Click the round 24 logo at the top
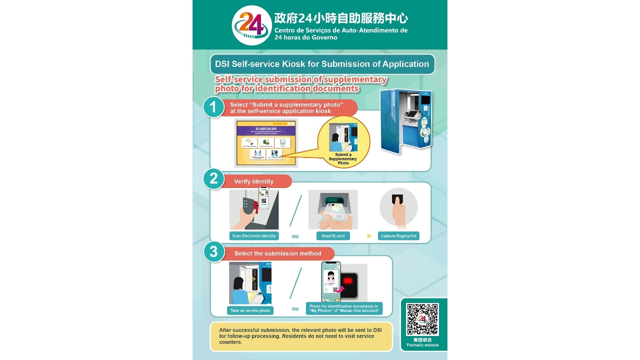click(251, 25)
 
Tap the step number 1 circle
click(213, 107)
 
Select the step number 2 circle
click(213, 178)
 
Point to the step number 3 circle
click(213, 251)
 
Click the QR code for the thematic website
click(422, 319)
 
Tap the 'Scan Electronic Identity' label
click(254, 236)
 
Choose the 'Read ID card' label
click(332, 236)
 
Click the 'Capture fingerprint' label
click(398, 236)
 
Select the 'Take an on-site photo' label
click(250, 310)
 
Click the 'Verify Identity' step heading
click(254, 181)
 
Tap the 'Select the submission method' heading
click(278, 253)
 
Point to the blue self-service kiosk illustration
click(405, 120)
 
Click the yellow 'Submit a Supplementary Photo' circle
click(343, 142)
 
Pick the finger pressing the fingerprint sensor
click(398, 210)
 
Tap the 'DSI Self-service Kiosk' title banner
click(322, 64)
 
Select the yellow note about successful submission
click(301, 336)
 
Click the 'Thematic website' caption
click(422, 345)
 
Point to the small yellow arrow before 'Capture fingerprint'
click(369, 236)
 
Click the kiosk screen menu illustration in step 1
click(266, 143)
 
